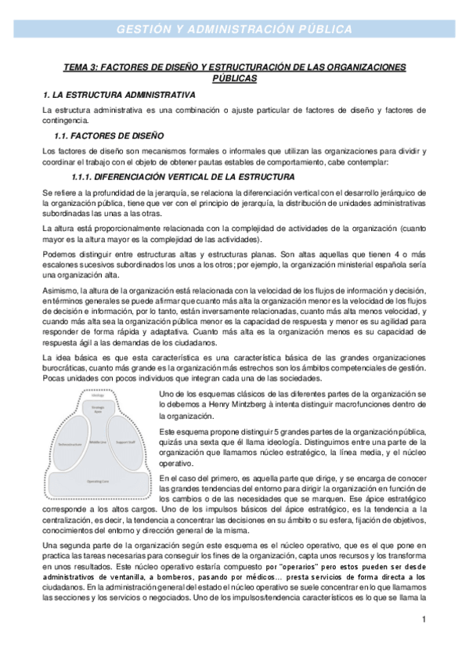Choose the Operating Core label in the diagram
(x=97, y=480)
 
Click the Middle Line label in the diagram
(x=98, y=441)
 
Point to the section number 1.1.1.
(x=84, y=176)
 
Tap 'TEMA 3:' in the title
(x=82, y=67)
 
